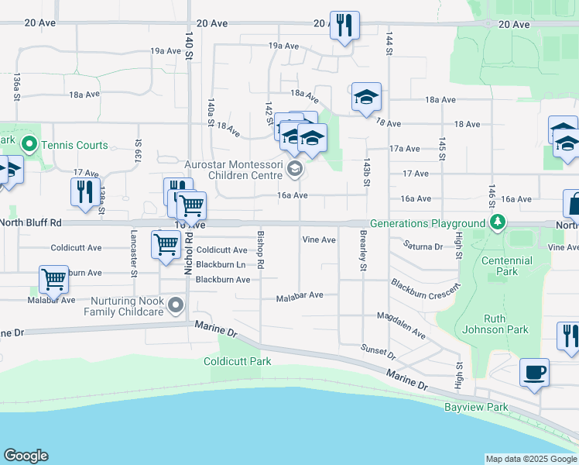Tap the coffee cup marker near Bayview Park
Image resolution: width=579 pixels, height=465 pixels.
[534, 372]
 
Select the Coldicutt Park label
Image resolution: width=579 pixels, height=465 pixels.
[237, 361]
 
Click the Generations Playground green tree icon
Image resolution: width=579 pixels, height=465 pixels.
[499, 223]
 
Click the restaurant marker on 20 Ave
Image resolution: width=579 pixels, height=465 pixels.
[343, 26]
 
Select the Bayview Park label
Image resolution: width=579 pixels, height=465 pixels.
[476, 407]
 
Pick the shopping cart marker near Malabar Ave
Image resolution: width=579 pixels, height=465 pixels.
[53, 279]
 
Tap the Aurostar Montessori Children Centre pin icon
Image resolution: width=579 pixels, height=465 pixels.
[293, 168]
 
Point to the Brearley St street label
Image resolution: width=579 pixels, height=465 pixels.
[361, 250]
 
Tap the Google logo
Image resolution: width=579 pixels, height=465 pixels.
[26, 456]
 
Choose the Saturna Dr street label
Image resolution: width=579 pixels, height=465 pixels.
[423, 246]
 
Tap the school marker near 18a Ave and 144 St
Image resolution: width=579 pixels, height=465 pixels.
[366, 97]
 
